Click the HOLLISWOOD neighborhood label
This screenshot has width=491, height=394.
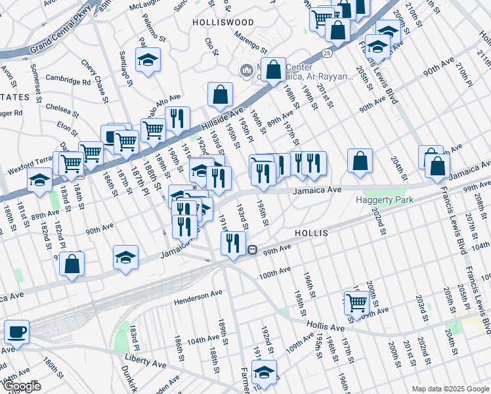[x=223, y=22]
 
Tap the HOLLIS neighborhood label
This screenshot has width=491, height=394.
[x=311, y=233]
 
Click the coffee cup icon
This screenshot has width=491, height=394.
[x=16, y=332]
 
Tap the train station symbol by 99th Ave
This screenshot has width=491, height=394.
[x=251, y=250]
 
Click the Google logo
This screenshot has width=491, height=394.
[x=21, y=386]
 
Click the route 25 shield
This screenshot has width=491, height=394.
[x=326, y=51]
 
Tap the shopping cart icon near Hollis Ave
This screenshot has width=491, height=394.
[x=356, y=303]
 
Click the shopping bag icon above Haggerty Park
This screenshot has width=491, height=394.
[x=360, y=161]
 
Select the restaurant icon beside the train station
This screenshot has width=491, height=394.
[x=233, y=243]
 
